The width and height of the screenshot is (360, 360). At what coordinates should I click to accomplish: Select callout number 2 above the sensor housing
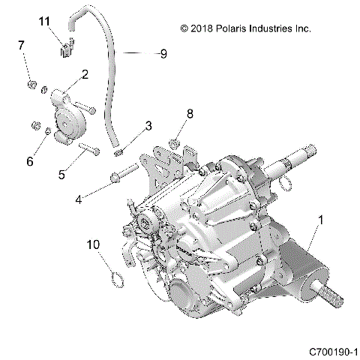pos(85,74)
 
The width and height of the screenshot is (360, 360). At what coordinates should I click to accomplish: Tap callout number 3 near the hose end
pos(149,124)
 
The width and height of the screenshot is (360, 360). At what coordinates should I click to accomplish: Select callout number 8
pos(190,114)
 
